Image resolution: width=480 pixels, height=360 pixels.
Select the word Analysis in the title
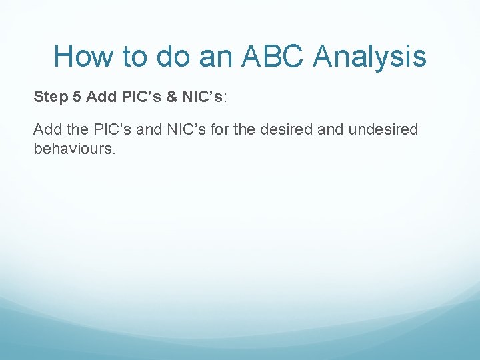point(370,56)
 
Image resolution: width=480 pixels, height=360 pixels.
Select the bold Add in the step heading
point(101,97)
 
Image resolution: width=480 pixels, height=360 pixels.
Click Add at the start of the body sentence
point(46,129)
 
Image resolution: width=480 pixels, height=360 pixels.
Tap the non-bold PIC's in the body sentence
point(109,129)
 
